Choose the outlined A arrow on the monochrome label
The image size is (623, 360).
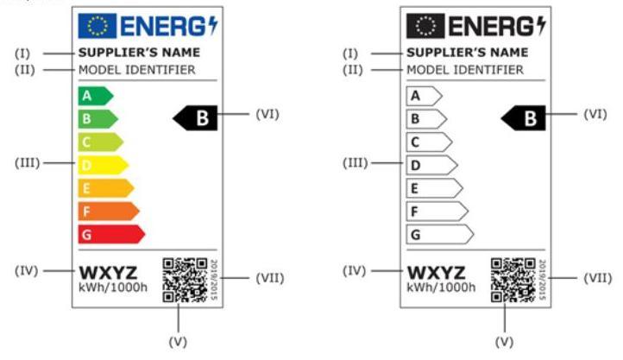coord(424,95)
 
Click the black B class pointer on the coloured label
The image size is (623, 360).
coord(197,118)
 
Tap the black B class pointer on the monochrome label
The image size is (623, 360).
coord(525,118)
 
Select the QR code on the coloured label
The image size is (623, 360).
coord(185,279)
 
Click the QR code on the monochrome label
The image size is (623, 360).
coord(514,279)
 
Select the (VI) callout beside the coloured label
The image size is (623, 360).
coord(268,113)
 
